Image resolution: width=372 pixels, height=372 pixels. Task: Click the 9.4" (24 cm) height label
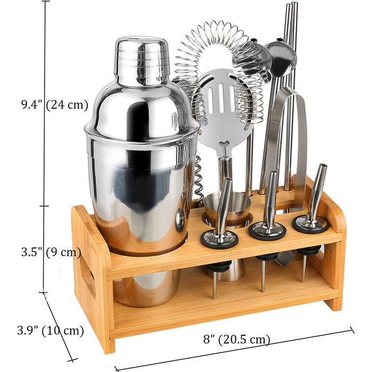click(55, 104)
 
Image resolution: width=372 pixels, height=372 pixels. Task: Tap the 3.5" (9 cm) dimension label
click(51, 252)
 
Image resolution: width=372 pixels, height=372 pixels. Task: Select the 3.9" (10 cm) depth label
click(50, 330)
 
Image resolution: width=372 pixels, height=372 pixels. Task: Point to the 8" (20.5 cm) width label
click(236, 339)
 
